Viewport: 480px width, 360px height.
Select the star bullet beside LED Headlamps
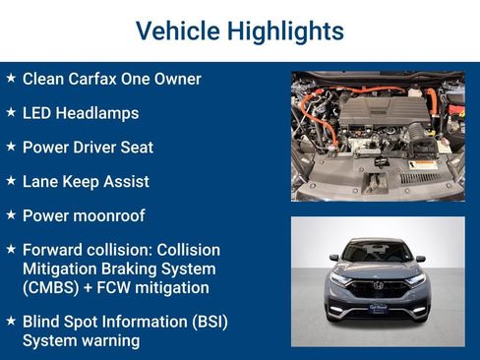[x=10, y=112]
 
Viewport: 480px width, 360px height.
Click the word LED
[x=38, y=113]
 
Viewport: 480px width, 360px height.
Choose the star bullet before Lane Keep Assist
[x=10, y=181]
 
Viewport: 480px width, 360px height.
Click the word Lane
[x=41, y=182]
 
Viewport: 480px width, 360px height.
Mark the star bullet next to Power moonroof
[x=10, y=214]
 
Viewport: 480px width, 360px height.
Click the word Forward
[x=53, y=250]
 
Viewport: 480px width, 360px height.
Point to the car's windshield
[x=378, y=251]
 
